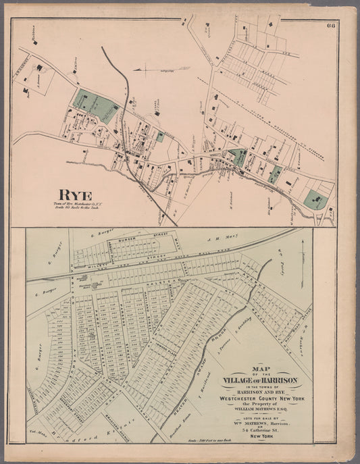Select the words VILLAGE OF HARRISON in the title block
point(258,381)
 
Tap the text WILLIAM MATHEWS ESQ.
point(259,408)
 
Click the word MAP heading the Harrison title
point(258,367)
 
